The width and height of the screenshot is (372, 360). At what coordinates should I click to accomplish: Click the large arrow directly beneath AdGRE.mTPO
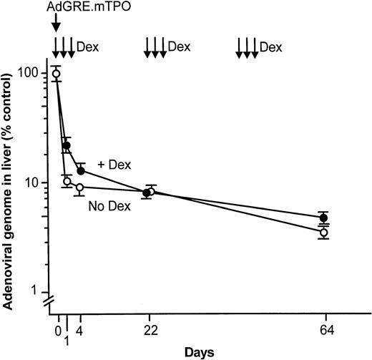coord(55,25)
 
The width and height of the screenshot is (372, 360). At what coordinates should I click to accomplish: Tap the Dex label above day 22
coord(179,47)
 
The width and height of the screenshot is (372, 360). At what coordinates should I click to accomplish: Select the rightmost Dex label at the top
coord(270,47)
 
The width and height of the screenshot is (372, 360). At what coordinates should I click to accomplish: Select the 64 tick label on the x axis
coord(325,331)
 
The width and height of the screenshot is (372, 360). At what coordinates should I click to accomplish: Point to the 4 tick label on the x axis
coord(80,331)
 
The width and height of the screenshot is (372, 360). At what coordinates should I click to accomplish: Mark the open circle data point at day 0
coord(56,74)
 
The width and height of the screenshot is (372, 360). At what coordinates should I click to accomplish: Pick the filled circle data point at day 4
coord(81,171)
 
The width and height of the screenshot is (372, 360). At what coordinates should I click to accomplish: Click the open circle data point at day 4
coord(79,188)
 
